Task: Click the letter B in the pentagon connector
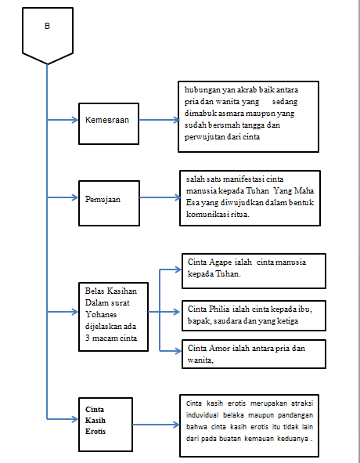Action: pyautogui.click(x=47, y=27)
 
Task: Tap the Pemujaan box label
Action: pyautogui.click(x=103, y=199)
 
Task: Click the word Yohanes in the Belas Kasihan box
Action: pyautogui.click(x=101, y=314)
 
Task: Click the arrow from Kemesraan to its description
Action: pyautogui.click(x=160, y=120)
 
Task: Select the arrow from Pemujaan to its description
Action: pyautogui.click(x=160, y=197)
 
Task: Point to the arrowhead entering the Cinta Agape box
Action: pyautogui.click(x=178, y=269)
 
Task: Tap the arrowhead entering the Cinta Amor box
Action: pyautogui.click(x=178, y=351)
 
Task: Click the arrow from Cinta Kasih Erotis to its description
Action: pyautogui.click(x=156, y=425)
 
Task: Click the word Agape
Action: pyautogui.click(x=220, y=262)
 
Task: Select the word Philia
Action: pyautogui.click(x=219, y=309)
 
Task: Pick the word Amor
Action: pyautogui.click(x=219, y=349)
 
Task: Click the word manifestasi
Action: pyautogui.click(x=243, y=179)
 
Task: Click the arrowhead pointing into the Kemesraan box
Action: pyautogui.click(x=74, y=120)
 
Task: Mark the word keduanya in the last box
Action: pyautogui.click(x=293, y=439)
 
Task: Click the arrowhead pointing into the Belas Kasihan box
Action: pyautogui.click(x=74, y=312)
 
